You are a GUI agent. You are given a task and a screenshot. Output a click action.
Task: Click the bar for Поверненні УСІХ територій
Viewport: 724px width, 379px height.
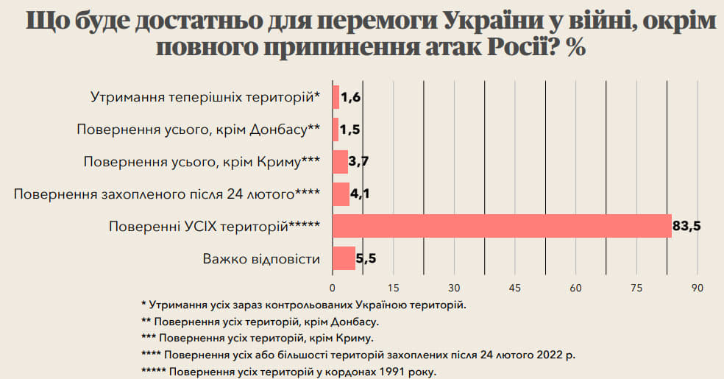502,226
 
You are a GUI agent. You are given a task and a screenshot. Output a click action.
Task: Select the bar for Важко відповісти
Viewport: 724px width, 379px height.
344,258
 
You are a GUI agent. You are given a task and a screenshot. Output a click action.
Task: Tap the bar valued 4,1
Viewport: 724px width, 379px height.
341,194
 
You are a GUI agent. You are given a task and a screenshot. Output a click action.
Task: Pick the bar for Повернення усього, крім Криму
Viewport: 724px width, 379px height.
340,162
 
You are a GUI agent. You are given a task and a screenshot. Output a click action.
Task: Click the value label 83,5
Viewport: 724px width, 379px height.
686,226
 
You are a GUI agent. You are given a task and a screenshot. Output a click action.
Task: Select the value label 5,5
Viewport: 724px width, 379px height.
366,258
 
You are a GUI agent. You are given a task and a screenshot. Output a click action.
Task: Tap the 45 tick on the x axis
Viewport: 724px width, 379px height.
515,287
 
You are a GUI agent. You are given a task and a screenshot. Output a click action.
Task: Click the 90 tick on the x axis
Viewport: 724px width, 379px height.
698,287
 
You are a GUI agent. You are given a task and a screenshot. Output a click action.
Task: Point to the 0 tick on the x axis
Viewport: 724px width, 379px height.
333,287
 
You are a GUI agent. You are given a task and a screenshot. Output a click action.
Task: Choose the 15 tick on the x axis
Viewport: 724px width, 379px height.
394,287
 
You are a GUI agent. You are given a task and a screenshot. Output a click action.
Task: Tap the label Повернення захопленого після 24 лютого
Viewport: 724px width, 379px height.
167,194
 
